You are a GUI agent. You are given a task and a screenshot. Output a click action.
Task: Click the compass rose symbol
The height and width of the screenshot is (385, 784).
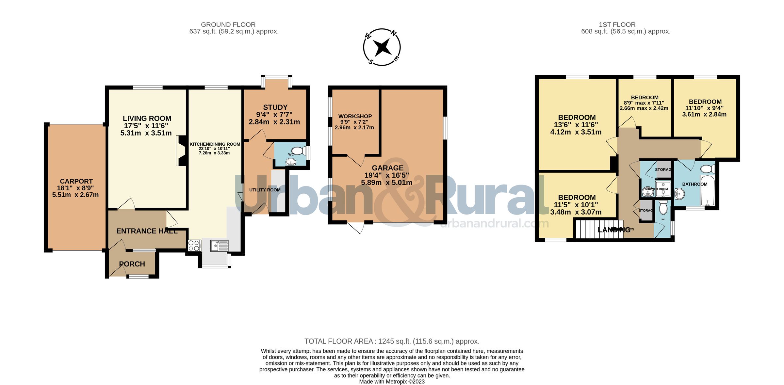(x=382, y=47)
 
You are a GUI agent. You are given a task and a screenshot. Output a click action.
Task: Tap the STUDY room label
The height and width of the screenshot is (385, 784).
(x=275, y=107)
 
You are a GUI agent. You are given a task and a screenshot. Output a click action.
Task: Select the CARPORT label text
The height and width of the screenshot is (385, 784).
(x=76, y=181)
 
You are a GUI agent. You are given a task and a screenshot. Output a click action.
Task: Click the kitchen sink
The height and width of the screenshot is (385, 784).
(x=219, y=246)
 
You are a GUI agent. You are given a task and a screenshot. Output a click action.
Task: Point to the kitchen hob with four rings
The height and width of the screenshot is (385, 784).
(x=194, y=246)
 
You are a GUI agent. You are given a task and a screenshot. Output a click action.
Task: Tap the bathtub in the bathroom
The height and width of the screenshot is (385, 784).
(x=707, y=190)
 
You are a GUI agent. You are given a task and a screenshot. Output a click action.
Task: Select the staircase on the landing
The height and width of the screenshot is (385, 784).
(x=588, y=230)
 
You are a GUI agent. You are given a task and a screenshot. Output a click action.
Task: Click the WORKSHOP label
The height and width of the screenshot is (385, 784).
(x=355, y=116)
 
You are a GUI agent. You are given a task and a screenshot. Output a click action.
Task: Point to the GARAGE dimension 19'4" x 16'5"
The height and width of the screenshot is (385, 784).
(x=387, y=175)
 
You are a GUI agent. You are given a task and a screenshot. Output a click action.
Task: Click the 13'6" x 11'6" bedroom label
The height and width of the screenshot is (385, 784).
(x=577, y=124)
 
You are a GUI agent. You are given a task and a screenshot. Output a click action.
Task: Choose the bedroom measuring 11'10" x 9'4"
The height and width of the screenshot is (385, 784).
(x=705, y=108)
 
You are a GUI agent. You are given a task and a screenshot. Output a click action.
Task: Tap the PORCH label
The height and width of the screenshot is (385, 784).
(x=132, y=264)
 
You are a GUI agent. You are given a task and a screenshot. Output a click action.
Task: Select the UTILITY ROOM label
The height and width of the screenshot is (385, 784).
(x=265, y=190)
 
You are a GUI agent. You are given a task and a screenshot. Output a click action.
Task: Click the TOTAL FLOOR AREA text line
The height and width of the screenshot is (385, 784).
(x=392, y=341)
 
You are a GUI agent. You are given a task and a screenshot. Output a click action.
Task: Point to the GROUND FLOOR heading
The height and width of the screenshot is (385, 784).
(x=228, y=24)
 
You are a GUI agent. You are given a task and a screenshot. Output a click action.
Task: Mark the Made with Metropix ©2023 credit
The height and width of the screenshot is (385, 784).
(x=392, y=381)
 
